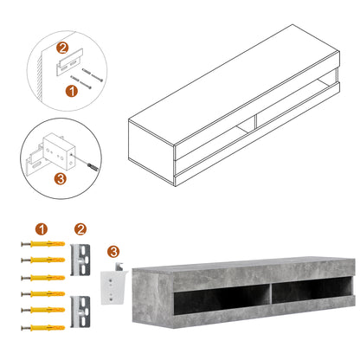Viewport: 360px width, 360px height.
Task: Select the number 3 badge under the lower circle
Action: [x=58, y=178]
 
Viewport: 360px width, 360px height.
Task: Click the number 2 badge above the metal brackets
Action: [x=80, y=230]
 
